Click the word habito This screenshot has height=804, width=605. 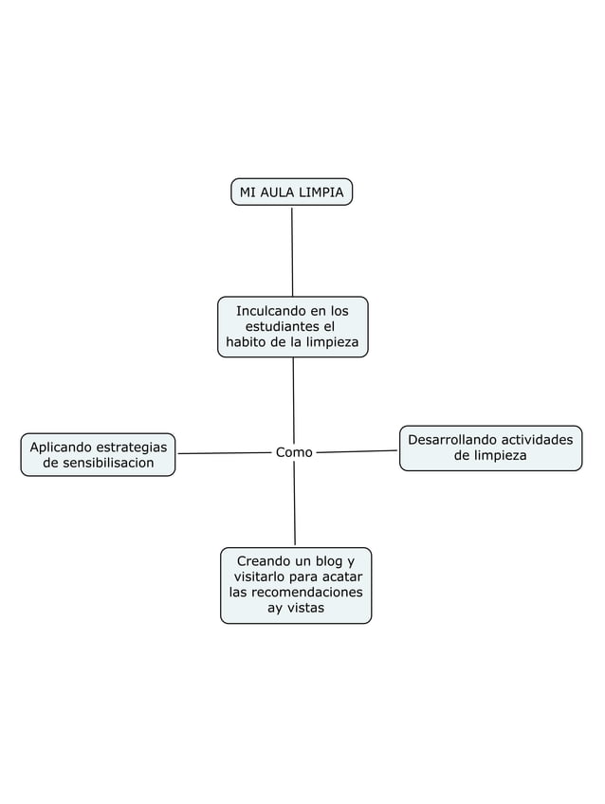245,342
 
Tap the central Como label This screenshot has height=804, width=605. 294,453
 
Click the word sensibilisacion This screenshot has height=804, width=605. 99,463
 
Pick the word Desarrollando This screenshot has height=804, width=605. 450,440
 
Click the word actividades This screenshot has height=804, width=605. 536,440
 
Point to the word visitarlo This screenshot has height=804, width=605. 264,577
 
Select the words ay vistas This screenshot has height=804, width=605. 295,608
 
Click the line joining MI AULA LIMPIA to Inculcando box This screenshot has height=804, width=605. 292,251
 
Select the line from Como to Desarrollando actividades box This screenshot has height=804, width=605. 356,451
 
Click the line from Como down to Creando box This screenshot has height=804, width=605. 294,502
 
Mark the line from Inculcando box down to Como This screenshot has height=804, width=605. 293,398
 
